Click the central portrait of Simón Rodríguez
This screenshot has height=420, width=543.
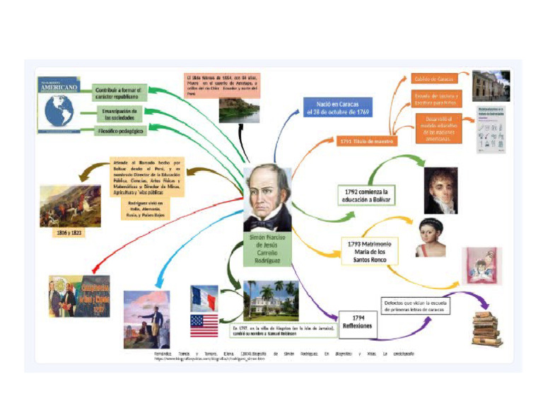(267, 198)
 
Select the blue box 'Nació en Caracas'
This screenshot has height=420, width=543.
(338, 107)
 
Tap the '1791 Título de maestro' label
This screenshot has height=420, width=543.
(366, 141)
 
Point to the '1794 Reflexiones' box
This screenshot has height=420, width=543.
(357, 321)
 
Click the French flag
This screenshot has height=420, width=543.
(204, 298)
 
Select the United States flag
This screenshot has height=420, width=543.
(204, 326)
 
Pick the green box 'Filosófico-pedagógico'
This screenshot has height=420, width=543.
(120, 132)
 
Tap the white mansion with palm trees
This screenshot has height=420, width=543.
(271, 300)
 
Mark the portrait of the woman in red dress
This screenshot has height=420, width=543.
(431, 238)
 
